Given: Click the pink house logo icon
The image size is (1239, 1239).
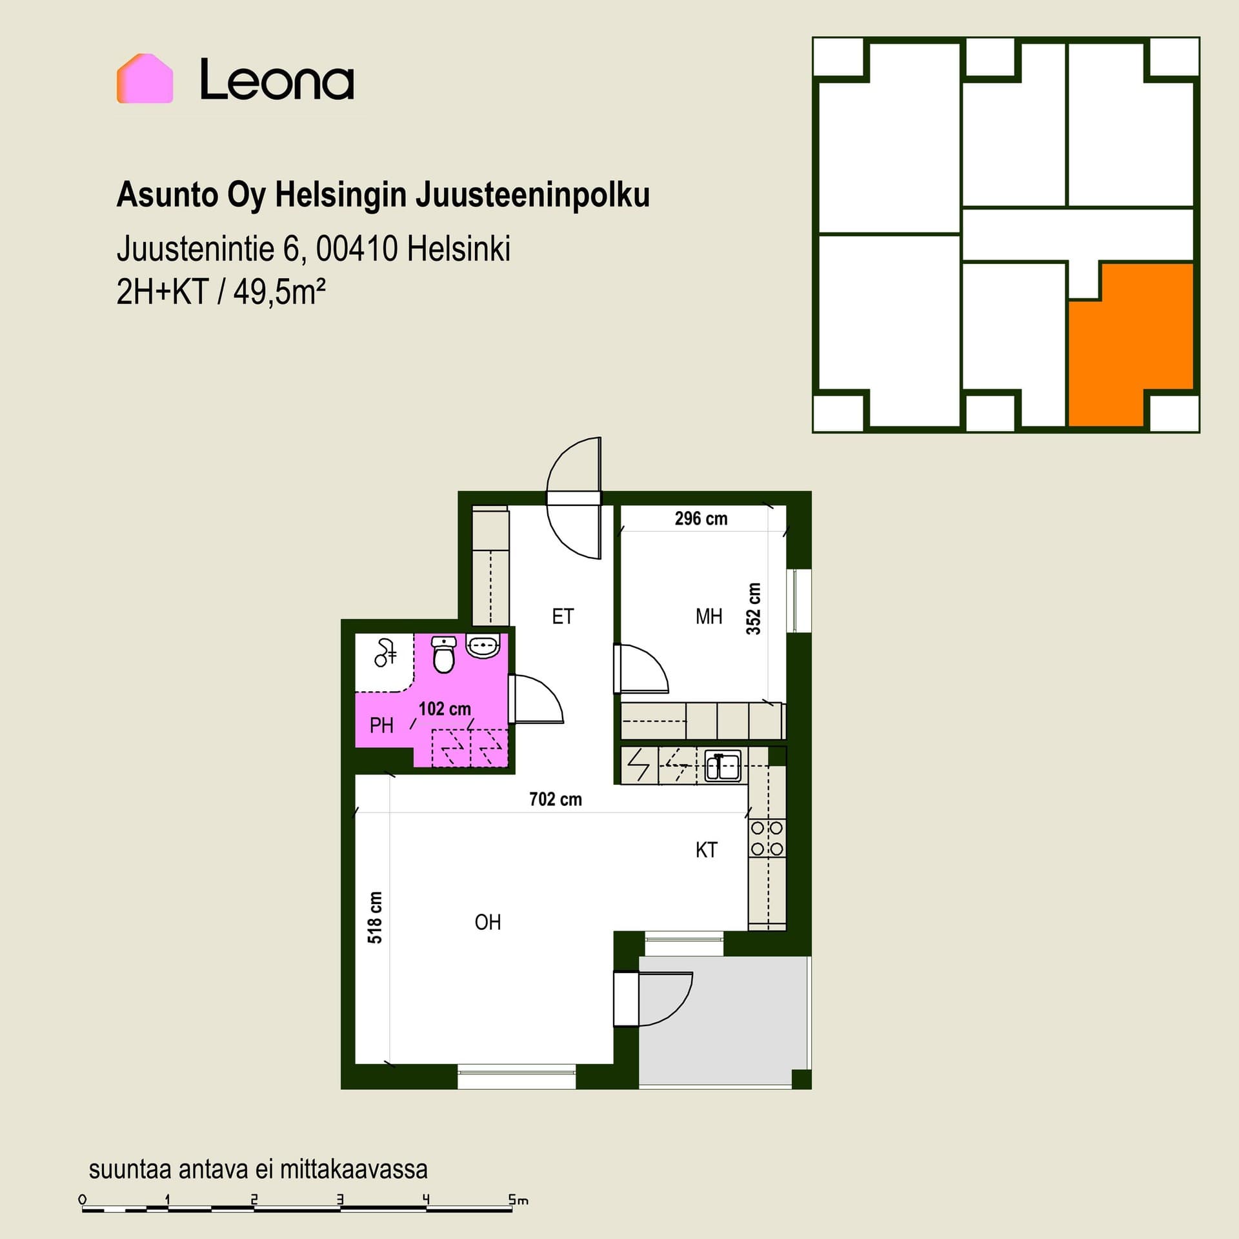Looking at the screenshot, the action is click(145, 78).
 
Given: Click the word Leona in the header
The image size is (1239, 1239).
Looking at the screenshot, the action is click(277, 79).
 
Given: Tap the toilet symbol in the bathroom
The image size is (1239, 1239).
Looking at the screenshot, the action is click(443, 654).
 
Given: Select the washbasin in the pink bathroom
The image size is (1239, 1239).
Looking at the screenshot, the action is click(482, 647).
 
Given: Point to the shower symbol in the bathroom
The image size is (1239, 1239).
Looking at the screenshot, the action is click(385, 652).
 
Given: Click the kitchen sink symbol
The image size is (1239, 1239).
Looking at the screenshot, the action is click(723, 765).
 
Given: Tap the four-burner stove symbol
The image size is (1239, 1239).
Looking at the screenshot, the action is click(767, 838).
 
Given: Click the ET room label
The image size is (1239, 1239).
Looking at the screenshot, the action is click(563, 617).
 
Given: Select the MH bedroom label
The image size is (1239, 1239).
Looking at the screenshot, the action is click(709, 617).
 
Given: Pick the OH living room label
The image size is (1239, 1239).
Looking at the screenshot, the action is click(488, 923).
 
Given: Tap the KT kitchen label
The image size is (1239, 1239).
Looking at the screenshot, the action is click(707, 851).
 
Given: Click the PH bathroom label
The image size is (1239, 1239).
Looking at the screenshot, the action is click(381, 726).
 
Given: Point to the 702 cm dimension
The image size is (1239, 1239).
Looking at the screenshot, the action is click(556, 800).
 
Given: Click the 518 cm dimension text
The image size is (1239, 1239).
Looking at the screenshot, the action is click(375, 918).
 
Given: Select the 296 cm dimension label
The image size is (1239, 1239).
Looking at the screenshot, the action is click(701, 519).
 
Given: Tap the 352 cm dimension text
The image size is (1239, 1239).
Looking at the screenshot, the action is click(754, 609).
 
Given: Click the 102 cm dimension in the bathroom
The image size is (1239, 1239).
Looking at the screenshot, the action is click(445, 709).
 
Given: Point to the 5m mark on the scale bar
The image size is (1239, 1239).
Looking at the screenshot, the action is click(518, 1200).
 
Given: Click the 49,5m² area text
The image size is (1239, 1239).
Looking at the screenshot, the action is click(279, 293).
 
